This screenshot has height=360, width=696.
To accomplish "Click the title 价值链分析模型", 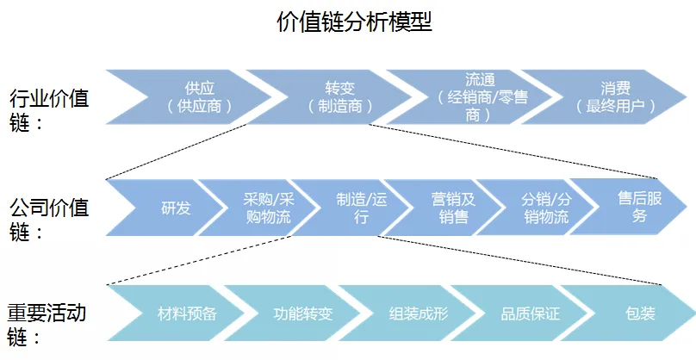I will point(354,22).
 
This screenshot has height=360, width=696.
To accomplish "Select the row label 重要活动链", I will point(47,323).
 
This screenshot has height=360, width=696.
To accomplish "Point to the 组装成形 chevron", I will point(419,313).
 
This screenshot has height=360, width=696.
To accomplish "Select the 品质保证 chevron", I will point(531,313).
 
